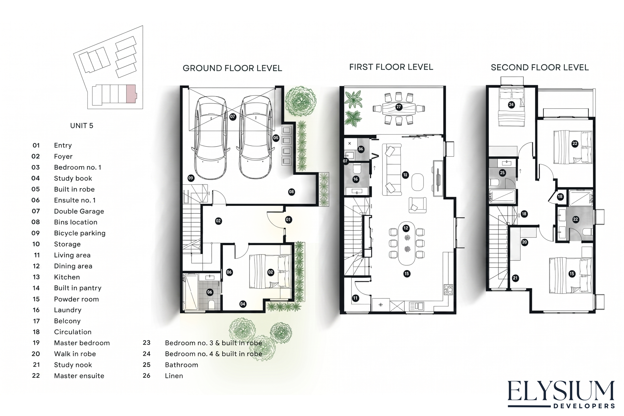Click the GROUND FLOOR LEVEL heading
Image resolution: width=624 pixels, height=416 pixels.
coord(232,68)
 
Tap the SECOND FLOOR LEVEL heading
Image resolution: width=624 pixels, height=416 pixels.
coord(540,67)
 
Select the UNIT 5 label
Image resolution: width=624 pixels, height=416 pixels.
coord(82,126)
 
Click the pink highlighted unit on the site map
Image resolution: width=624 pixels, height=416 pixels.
coord(131,94)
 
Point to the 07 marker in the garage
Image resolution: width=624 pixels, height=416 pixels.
coord(233,116)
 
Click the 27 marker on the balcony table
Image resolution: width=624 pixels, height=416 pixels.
coord(399,107)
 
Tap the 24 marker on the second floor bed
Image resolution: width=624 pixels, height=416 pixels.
coord(511,105)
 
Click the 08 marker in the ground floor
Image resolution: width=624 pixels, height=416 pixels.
coord(292,192)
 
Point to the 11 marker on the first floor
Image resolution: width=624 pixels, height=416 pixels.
coord(355,298)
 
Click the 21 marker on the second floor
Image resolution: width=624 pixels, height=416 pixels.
coord(515,278)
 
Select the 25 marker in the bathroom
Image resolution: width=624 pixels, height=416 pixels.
coord(502,173)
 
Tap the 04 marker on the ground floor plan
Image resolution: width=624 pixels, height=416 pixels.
coord(243,304)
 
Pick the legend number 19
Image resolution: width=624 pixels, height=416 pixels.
coord(36,343)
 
